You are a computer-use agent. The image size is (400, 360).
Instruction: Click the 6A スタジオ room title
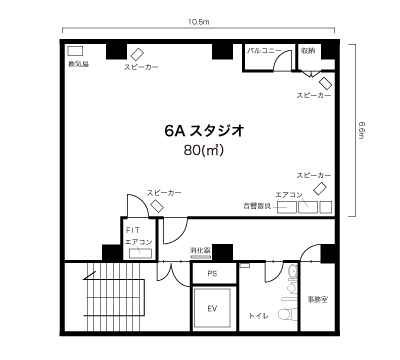tap(203, 130)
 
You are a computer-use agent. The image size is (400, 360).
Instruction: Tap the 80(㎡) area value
tap(203, 150)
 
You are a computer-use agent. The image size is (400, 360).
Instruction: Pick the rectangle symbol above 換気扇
tap(75, 51)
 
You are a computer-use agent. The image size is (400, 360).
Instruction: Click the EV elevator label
tap(212, 309)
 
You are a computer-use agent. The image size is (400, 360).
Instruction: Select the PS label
tap(212, 273)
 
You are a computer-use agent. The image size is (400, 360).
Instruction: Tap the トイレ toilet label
tap(260, 312)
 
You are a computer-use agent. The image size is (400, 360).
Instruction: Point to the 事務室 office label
tap(317, 299)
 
